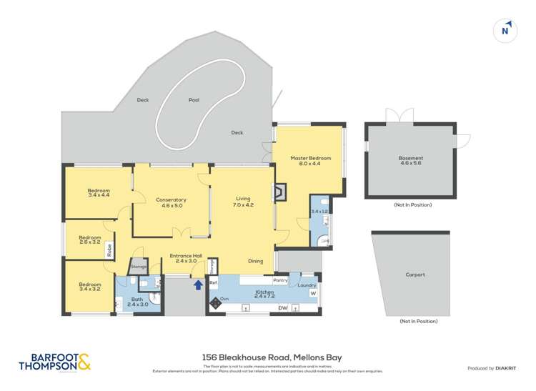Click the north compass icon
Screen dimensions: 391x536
pyautogui.click(x=506, y=30)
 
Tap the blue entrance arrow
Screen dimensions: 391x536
pyautogui.click(x=197, y=284)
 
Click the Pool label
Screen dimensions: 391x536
pyautogui.click(x=194, y=100)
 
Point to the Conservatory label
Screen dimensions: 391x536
pyautogui.click(x=171, y=203)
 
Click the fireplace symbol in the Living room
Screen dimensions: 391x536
pyautogui.click(x=282, y=191)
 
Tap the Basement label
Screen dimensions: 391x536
pyautogui.click(x=410, y=161)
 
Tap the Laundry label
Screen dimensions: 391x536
pyautogui.click(x=307, y=285)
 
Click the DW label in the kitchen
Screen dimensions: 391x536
pyautogui.click(x=282, y=308)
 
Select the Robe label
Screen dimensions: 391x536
pyautogui.click(x=109, y=250)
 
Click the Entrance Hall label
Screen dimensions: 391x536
pyautogui.click(x=183, y=257)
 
